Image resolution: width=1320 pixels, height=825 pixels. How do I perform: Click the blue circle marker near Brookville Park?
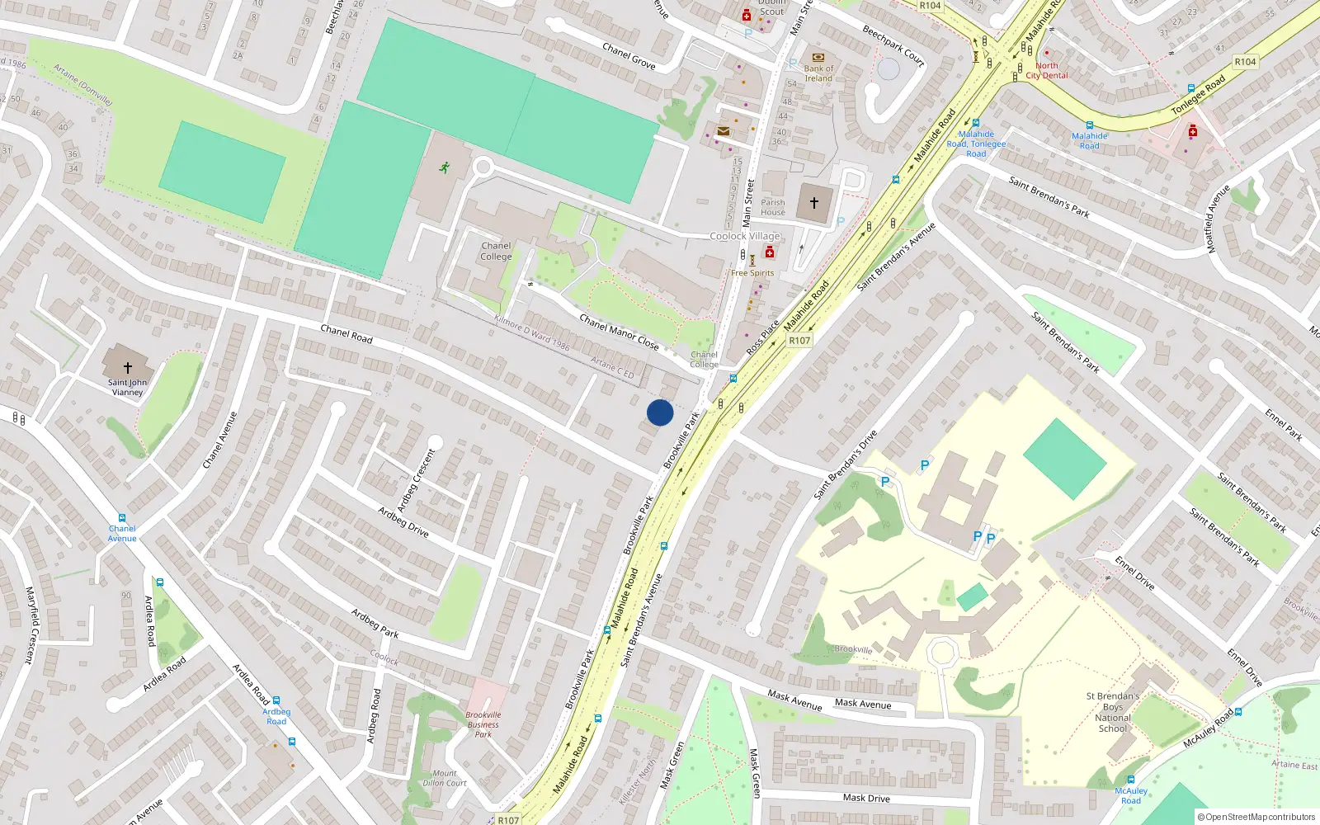point(660,412)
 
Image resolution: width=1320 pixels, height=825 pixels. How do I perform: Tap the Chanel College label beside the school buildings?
point(496,251)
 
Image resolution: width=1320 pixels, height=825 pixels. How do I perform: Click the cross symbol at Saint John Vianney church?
point(128,368)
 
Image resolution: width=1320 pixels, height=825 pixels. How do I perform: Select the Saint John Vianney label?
point(127,387)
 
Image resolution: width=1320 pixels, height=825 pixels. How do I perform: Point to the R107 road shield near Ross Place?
point(799,340)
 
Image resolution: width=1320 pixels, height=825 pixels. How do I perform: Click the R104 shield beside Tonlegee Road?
point(1245,62)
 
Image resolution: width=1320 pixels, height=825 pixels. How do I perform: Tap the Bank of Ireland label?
point(818,73)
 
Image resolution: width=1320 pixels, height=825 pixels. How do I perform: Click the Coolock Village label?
point(745,236)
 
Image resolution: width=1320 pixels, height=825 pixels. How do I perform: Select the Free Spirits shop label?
point(752,273)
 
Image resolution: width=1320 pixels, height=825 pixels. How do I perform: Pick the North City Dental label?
point(1047,70)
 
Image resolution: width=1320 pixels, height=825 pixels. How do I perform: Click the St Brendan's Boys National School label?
point(1113,712)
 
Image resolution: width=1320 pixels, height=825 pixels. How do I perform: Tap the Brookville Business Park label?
point(483,724)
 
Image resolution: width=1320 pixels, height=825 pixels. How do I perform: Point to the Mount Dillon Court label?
point(445,778)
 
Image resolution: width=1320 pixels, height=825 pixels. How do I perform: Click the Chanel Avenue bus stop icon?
point(122,518)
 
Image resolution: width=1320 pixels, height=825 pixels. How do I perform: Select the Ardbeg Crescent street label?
point(416,479)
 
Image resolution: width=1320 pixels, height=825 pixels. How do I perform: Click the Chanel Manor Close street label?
point(619,332)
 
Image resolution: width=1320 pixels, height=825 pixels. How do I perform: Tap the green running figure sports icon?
point(445,167)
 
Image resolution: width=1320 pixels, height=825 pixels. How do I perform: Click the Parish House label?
point(773,207)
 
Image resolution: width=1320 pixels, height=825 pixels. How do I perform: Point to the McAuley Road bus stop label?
point(1131,795)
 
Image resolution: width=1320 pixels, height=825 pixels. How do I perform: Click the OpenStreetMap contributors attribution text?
point(1256,817)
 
